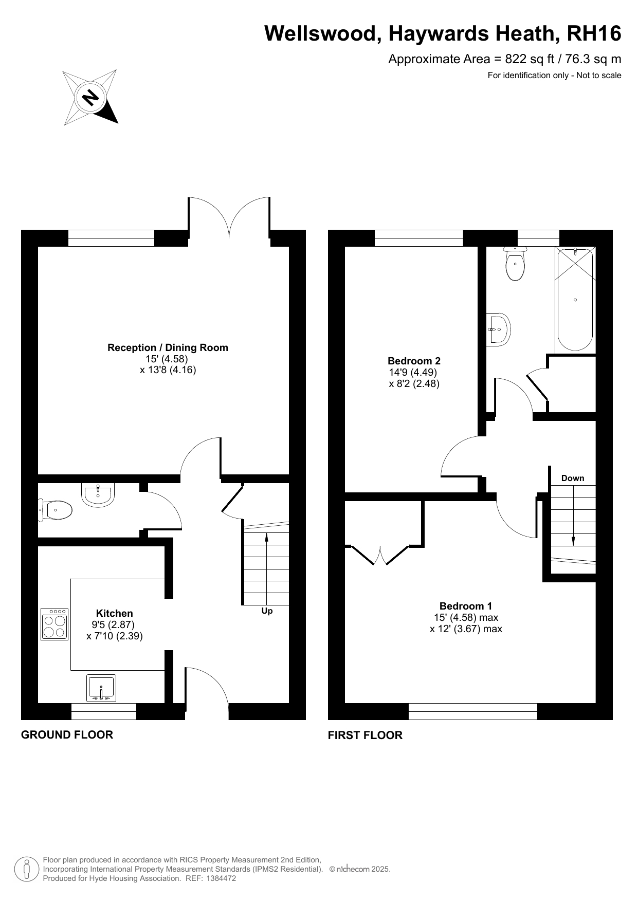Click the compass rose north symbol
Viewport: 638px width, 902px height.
[90, 97]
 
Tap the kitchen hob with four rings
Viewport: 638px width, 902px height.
[54, 624]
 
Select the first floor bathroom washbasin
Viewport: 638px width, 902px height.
[499, 329]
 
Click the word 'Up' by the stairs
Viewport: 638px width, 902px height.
[267, 611]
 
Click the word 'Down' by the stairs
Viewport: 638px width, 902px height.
[573, 478]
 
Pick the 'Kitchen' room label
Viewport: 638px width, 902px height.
[115, 613]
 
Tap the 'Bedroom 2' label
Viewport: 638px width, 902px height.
[414, 361]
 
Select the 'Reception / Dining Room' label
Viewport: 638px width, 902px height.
[168, 347]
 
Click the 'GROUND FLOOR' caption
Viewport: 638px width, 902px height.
[67, 734]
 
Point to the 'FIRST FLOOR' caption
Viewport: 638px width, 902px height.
[365, 735]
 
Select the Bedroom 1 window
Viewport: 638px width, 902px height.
[473, 711]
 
